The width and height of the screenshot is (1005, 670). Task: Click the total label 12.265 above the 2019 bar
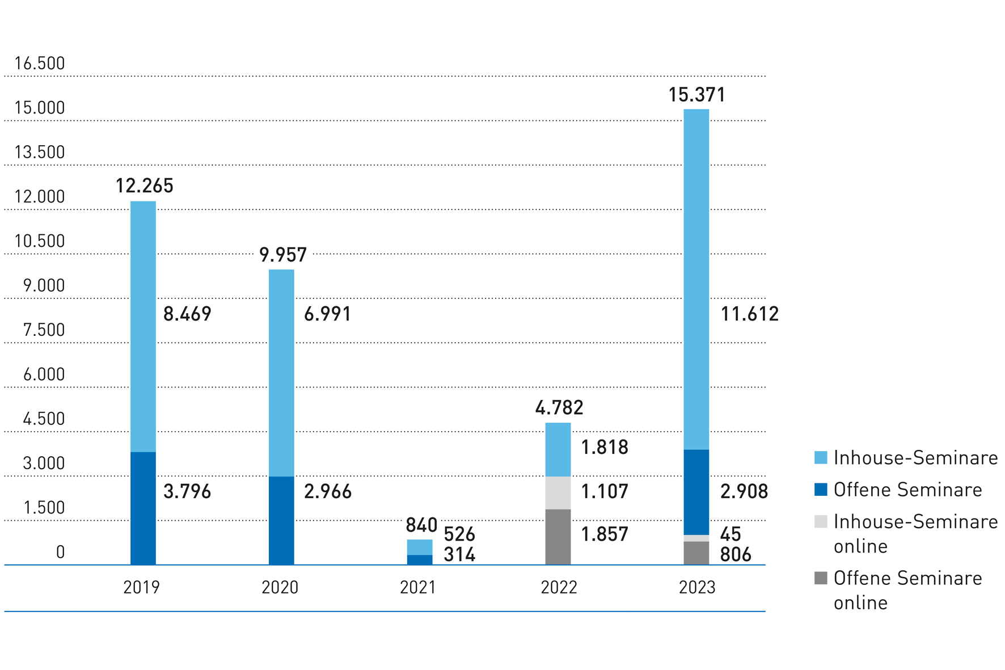144,186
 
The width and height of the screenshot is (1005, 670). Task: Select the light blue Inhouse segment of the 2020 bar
281,373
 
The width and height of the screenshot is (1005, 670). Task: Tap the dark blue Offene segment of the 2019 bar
143,508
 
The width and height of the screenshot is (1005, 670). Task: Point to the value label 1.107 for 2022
605,491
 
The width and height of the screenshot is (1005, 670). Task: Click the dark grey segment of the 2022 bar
558,537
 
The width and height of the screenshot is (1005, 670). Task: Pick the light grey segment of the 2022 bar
558,492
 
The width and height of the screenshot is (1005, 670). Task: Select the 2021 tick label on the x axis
418,587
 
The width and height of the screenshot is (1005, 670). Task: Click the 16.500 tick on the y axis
40,64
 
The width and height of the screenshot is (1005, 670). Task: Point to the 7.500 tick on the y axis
44,330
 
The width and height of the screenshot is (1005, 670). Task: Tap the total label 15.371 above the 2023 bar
696,95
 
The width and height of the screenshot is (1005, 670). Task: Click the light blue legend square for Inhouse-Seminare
821,458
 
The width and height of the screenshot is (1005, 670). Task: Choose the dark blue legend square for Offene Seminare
821,490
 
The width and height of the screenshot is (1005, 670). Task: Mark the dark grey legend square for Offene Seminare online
821,578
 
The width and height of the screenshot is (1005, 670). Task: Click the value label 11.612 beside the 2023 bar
749,314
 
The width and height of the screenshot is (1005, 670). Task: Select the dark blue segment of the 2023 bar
696,492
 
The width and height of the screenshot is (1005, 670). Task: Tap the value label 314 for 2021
459,555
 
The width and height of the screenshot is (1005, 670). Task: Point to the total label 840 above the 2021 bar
421,525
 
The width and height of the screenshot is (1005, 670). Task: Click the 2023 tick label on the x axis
697,587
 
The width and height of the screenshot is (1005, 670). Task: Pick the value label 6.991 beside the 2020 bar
327,314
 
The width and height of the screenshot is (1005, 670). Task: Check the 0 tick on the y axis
60,552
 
